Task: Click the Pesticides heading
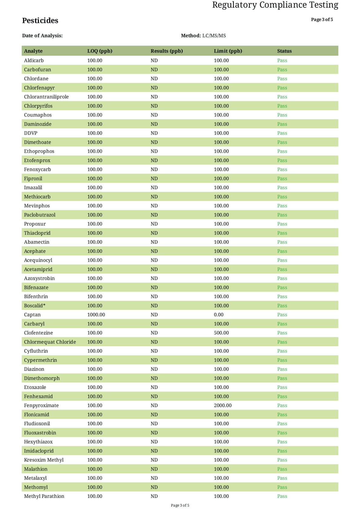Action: pyautogui.click(x=40, y=21)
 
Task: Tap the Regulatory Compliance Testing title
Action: pyautogui.click(x=275, y=5)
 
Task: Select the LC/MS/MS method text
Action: pyautogui.click(x=214, y=36)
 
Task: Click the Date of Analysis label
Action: pyautogui.click(x=42, y=36)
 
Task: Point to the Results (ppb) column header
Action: pyautogui.click(x=167, y=51)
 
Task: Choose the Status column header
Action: pyautogui.click(x=284, y=51)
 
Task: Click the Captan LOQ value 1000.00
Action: pyautogui.click(x=96, y=315)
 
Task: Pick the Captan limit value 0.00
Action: pyautogui.click(x=219, y=315)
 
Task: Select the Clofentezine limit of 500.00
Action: pyautogui.click(x=221, y=333)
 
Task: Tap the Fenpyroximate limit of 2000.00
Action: pyautogui.click(x=223, y=406)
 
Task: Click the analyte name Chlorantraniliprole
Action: pyautogui.click(x=46, y=97)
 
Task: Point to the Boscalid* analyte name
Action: pyautogui.click(x=35, y=306)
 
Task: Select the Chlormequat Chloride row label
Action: pyautogui.click(x=50, y=342)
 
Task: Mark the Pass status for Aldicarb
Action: pyautogui.click(x=282, y=61)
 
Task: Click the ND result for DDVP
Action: pyautogui.click(x=154, y=133)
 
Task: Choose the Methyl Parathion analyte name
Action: pyautogui.click(x=44, y=496)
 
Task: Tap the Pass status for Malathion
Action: pyautogui.click(x=282, y=469)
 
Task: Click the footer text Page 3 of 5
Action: pyautogui.click(x=180, y=505)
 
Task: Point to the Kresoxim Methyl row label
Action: pyautogui.click(x=44, y=460)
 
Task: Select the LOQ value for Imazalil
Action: pyautogui.click(x=95, y=188)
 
